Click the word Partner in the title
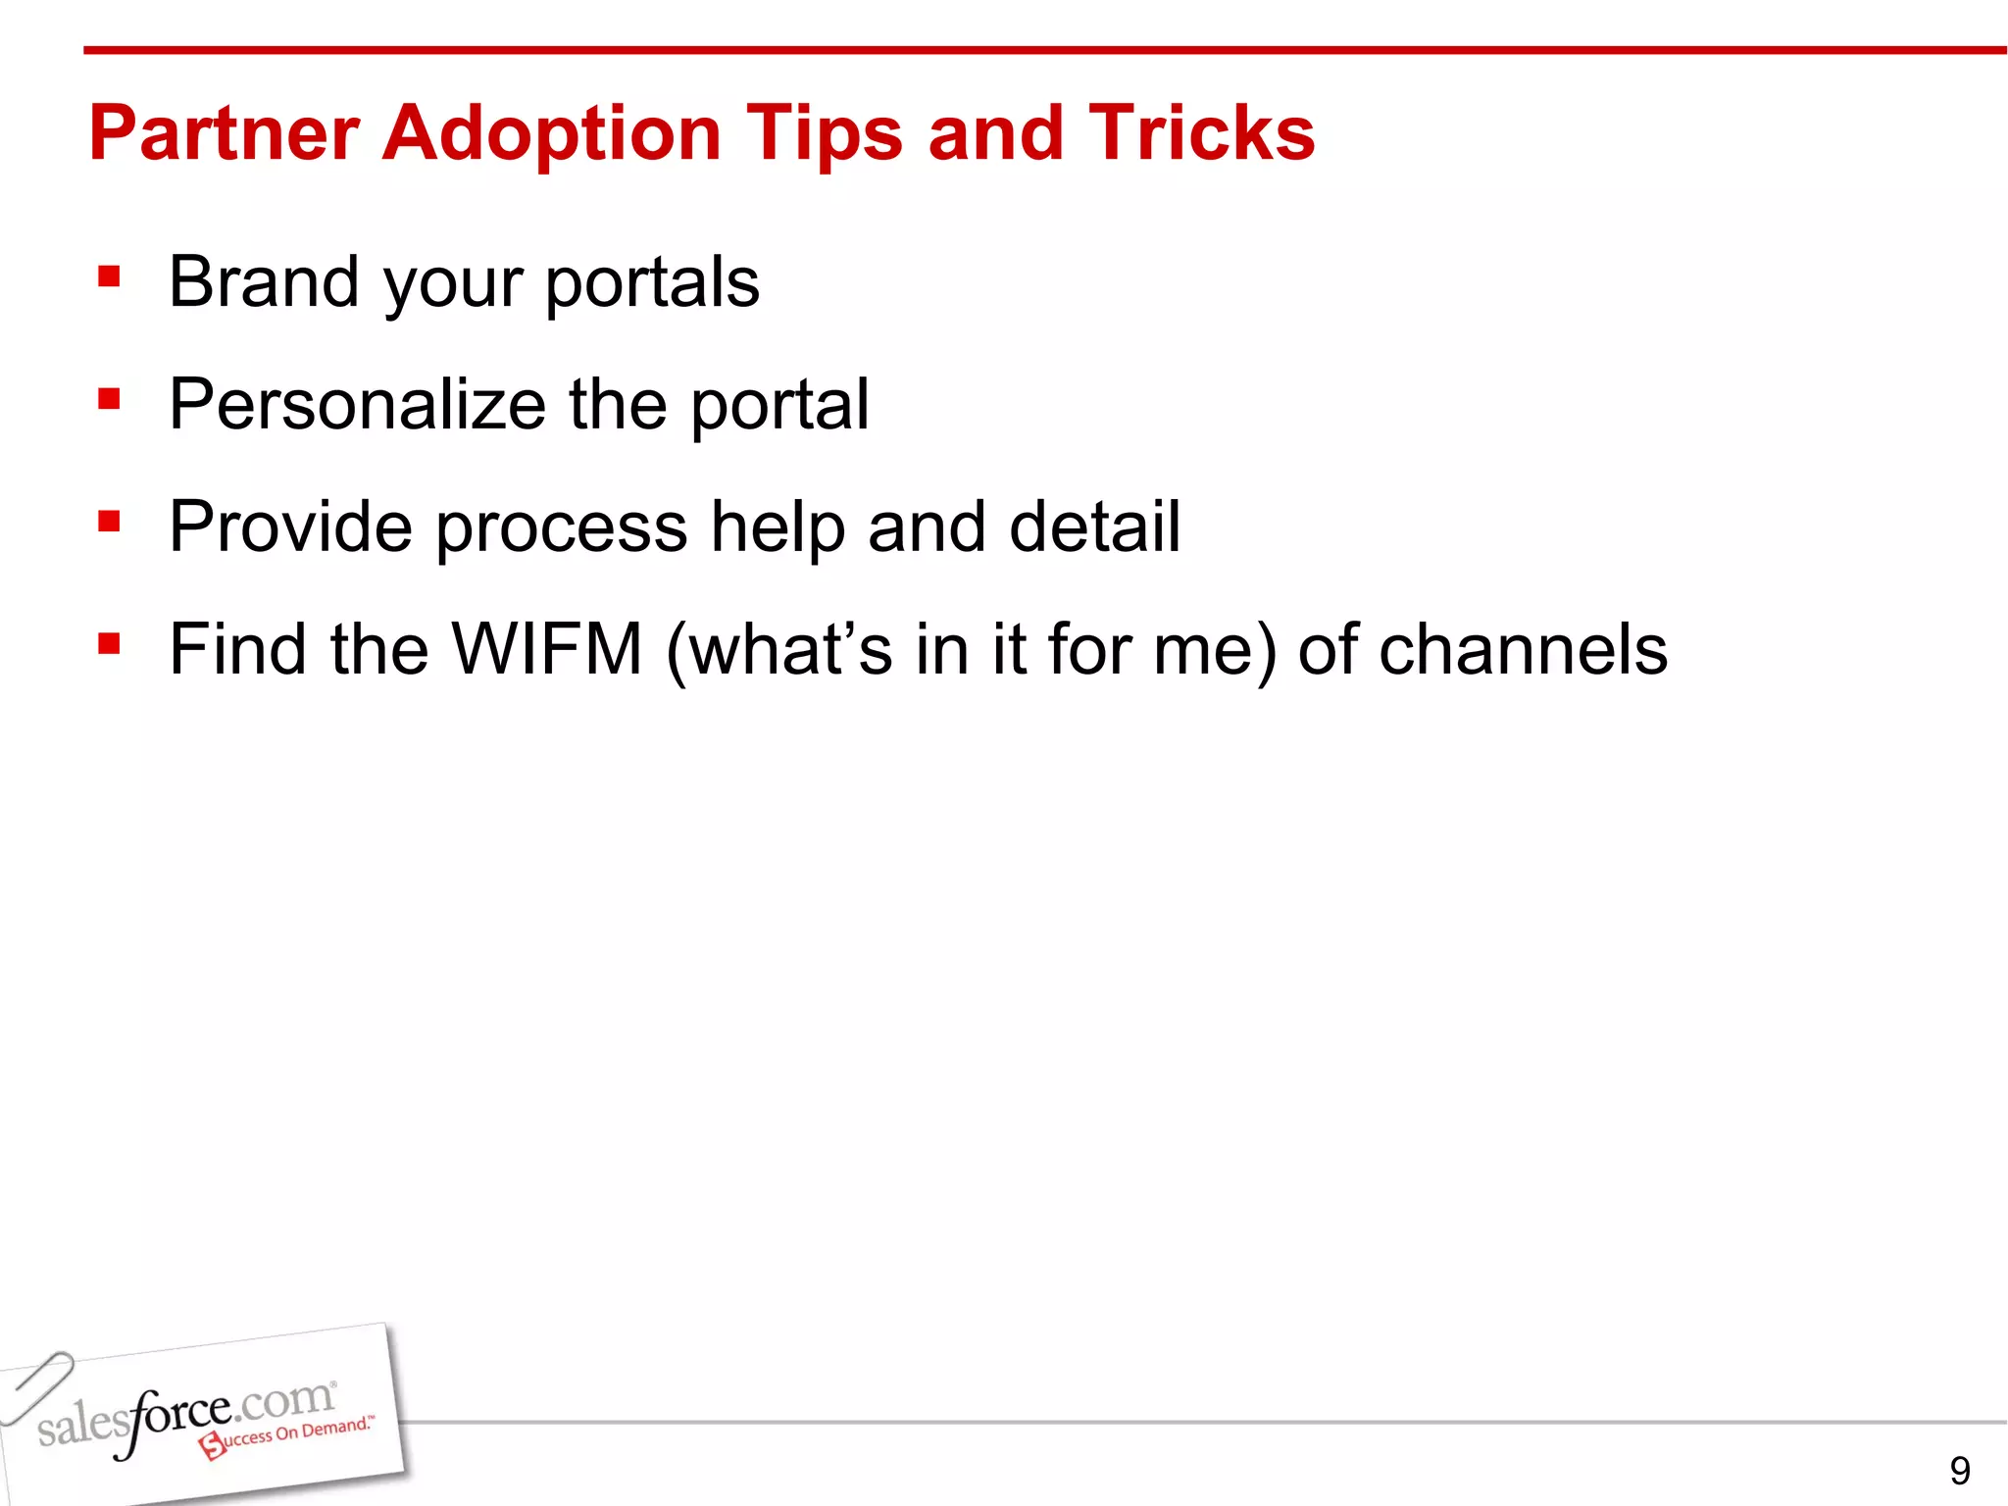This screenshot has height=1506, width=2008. tap(224, 134)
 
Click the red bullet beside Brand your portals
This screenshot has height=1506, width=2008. tap(109, 277)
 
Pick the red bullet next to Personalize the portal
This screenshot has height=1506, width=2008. tap(109, 400)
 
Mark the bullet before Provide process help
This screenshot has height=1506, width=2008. tap(109, 523)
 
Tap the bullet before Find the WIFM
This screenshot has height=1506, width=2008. tap(109, 645)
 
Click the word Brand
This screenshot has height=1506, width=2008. tap(264, 282)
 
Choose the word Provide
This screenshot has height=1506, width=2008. tap(290, 527)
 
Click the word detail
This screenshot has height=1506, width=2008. tap(1095, 527)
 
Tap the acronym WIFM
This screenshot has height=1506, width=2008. tap(546, 649)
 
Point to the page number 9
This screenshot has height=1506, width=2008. tap(1959, 1471)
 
